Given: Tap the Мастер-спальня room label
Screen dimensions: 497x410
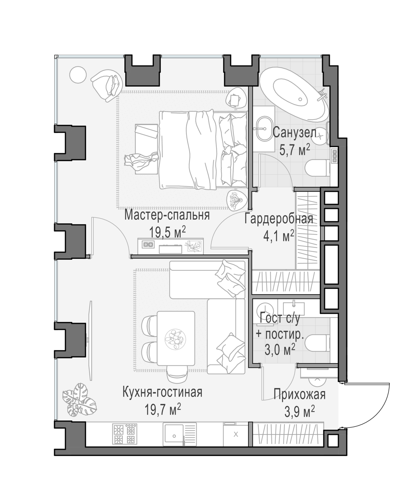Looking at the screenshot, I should pyautogui.click(x=167, y=215).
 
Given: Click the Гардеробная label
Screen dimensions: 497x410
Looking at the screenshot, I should pyautogui.click(x=279, y=219).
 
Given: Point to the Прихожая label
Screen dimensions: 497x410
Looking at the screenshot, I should pyautogui.click(x=299, y=394).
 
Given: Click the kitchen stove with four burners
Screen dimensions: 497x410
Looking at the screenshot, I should pyautogui.click(x=125, y=434).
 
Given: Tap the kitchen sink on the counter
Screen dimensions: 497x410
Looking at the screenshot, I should pyautogui.click(x=173, y=434).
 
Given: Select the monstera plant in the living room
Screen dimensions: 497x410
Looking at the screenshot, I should pyautogui.click(x=79, y=400).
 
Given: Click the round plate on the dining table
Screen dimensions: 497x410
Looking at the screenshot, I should pyautogui.click(x=175, y=338).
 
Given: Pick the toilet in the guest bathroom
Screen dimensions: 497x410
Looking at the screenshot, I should pyautogui.click(x=317, y=343).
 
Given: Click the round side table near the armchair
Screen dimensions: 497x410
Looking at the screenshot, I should pyautogui.click(x=78, y=76).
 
